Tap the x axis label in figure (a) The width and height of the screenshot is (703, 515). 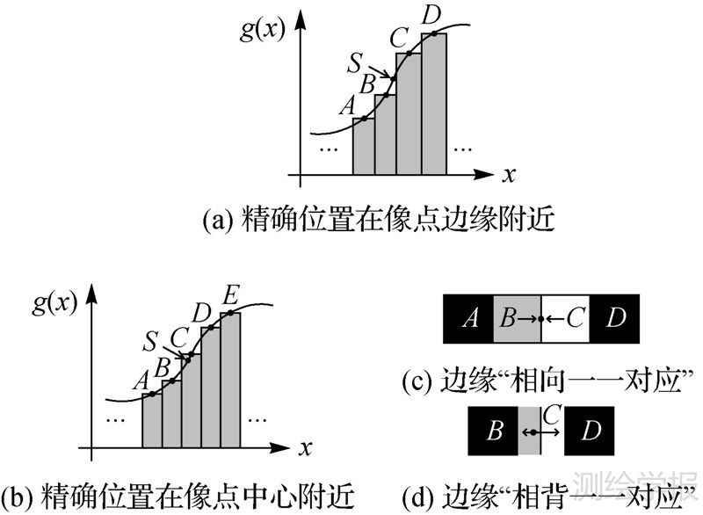tap(509, 175)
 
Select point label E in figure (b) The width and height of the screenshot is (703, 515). tap(230, 294)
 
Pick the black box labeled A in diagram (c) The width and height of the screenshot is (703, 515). tap(470, 316)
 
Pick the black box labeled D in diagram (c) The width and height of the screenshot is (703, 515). tap(615, 316)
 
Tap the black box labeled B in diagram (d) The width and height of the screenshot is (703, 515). tap(494, 432)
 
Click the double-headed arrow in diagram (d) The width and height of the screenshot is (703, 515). tap(531, 432)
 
